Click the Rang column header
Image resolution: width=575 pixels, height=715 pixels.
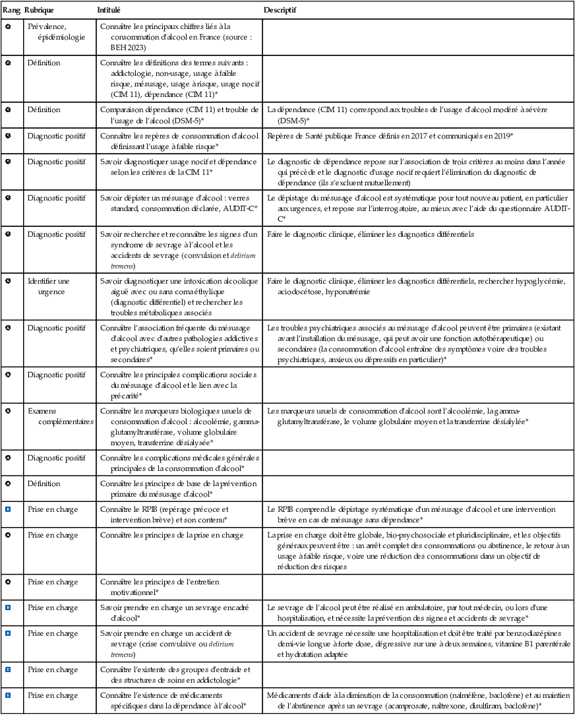click(11, 11)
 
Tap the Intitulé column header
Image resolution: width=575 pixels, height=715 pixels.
click(109, 11)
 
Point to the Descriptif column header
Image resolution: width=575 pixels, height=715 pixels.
click(280, 11)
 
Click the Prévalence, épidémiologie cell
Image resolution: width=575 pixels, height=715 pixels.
click(56, 32)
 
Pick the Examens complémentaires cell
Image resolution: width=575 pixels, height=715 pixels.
click(59, 416)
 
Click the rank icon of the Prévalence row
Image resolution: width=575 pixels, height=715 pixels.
click(8, 26)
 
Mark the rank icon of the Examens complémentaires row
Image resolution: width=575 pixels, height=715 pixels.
click(8, 411)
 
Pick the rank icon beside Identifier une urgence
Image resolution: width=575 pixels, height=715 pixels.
click(8, 280)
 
